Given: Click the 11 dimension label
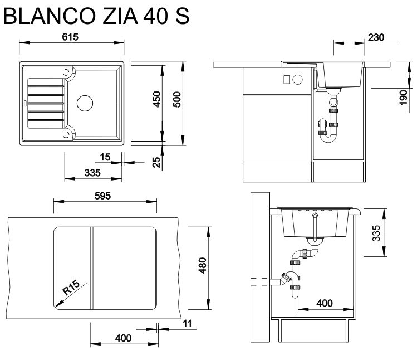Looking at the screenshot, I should (186, 323).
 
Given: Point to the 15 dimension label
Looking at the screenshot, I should (105, 158).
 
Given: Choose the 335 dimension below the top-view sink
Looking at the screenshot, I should (92, 173).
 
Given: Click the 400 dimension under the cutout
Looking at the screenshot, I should (123, 338).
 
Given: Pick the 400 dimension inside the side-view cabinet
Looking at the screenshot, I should (325, 303).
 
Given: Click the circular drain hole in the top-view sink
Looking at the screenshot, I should (85, 103).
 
